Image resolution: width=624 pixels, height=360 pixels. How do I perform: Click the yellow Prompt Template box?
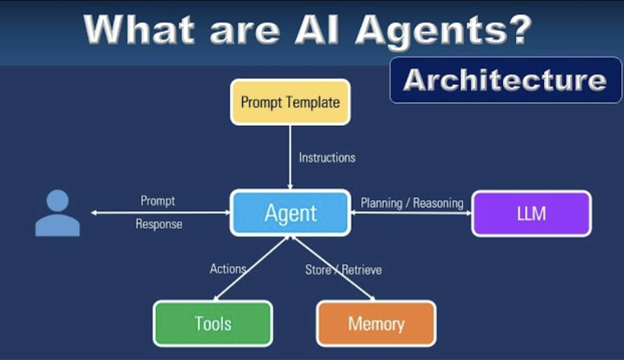pos(290,103)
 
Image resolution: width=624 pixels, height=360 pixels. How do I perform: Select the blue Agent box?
pos(291,213)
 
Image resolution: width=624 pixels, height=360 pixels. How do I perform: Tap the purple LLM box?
pos(531,214)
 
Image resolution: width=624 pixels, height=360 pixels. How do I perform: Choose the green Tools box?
pos(212,324)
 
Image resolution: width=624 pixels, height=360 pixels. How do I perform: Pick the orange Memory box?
pos(376,324)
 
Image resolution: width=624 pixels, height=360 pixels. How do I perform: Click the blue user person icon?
pos(57,214)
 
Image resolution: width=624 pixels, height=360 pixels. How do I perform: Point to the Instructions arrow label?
pos(327,157)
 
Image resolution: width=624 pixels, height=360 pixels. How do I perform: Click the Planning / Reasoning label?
pos(412,203)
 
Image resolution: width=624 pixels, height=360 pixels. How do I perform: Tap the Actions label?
pos(227,269)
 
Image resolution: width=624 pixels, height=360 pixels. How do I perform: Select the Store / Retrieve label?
pos(343,270)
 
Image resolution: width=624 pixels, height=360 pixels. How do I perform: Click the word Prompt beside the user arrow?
pos(158,201)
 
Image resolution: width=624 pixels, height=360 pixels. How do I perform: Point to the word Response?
pos(159,224)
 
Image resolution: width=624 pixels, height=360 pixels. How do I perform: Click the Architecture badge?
pos(505,80)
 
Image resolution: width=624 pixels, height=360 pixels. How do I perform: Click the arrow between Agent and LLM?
pos(411,213)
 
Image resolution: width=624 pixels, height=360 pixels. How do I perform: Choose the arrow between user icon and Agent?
pos(161,213)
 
